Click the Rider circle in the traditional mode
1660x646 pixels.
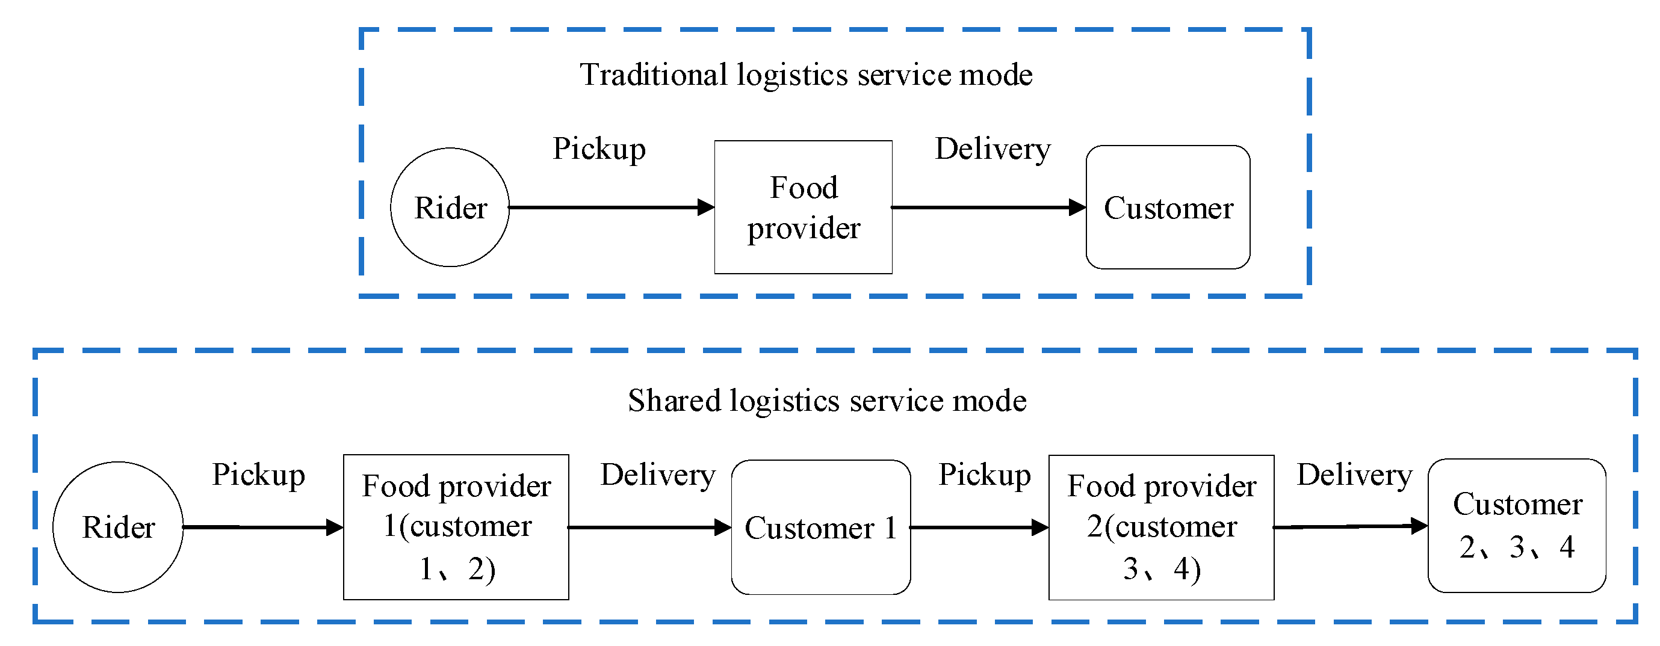[450, 208]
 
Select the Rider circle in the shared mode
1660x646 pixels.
[118, 528]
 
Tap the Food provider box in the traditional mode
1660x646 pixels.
[803, 208]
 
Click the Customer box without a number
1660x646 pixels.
[1168, 208]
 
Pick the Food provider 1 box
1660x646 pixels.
[456, 528]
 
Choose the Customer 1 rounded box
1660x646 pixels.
[820, 528]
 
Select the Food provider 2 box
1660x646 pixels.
[1161, 528]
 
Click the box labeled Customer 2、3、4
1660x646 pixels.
[1516, 526]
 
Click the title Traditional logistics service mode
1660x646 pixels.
[805, 75]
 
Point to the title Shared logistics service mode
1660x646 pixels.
[827, 401]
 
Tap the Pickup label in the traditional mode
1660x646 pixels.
[599, 149]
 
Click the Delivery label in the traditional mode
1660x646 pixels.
[993, 149]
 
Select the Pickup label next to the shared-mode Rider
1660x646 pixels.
[258, 475]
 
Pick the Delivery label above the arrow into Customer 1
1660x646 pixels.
[657, 475]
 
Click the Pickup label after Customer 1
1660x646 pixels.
[984, 475]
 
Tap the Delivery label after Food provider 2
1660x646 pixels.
[1354, 475]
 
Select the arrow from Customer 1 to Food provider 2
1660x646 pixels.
[976, 528]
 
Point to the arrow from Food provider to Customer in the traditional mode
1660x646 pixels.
[986, 208]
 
